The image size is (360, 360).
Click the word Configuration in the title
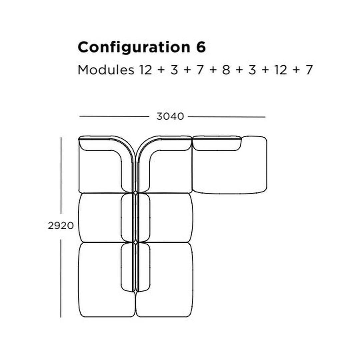[134, 48]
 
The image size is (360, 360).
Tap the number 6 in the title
[201, 47]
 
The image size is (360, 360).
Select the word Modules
[106, 70]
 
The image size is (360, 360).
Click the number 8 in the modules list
[226, 70]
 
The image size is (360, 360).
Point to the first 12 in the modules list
[145, 70]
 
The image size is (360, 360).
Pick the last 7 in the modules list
[309, 70]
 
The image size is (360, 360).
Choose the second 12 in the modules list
[281, 70]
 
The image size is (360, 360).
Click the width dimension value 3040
[170, 116]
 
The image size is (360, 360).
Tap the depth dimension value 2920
[61, 226]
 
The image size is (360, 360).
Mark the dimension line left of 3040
[114, 116]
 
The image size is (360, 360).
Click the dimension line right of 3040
[227, 117]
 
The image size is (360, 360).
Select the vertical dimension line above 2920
[61, 175]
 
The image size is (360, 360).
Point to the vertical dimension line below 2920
[61, 278]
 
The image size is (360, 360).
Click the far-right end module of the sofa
[230, 165]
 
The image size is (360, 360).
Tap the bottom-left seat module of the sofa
[107, 280]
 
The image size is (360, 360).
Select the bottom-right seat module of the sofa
[164, 280]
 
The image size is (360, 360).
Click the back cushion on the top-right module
[217, 143]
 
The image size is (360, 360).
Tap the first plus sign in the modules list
[161, 70]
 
